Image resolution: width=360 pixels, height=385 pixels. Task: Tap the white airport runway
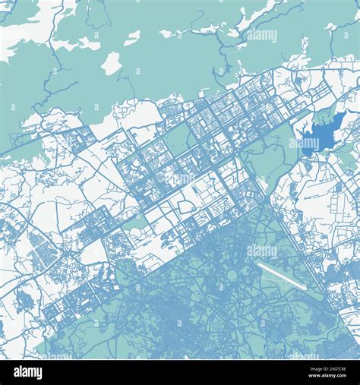tap(281, 276)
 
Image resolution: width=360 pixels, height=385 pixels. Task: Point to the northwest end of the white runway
tap(259, 266)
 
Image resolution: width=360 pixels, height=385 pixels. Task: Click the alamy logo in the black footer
tap(29, 371)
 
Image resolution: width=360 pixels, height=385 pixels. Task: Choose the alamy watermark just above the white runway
tap(262, 251)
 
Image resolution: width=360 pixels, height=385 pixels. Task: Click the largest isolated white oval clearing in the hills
tap(112, 63)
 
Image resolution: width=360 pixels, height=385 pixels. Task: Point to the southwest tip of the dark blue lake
tap(303, 145)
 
